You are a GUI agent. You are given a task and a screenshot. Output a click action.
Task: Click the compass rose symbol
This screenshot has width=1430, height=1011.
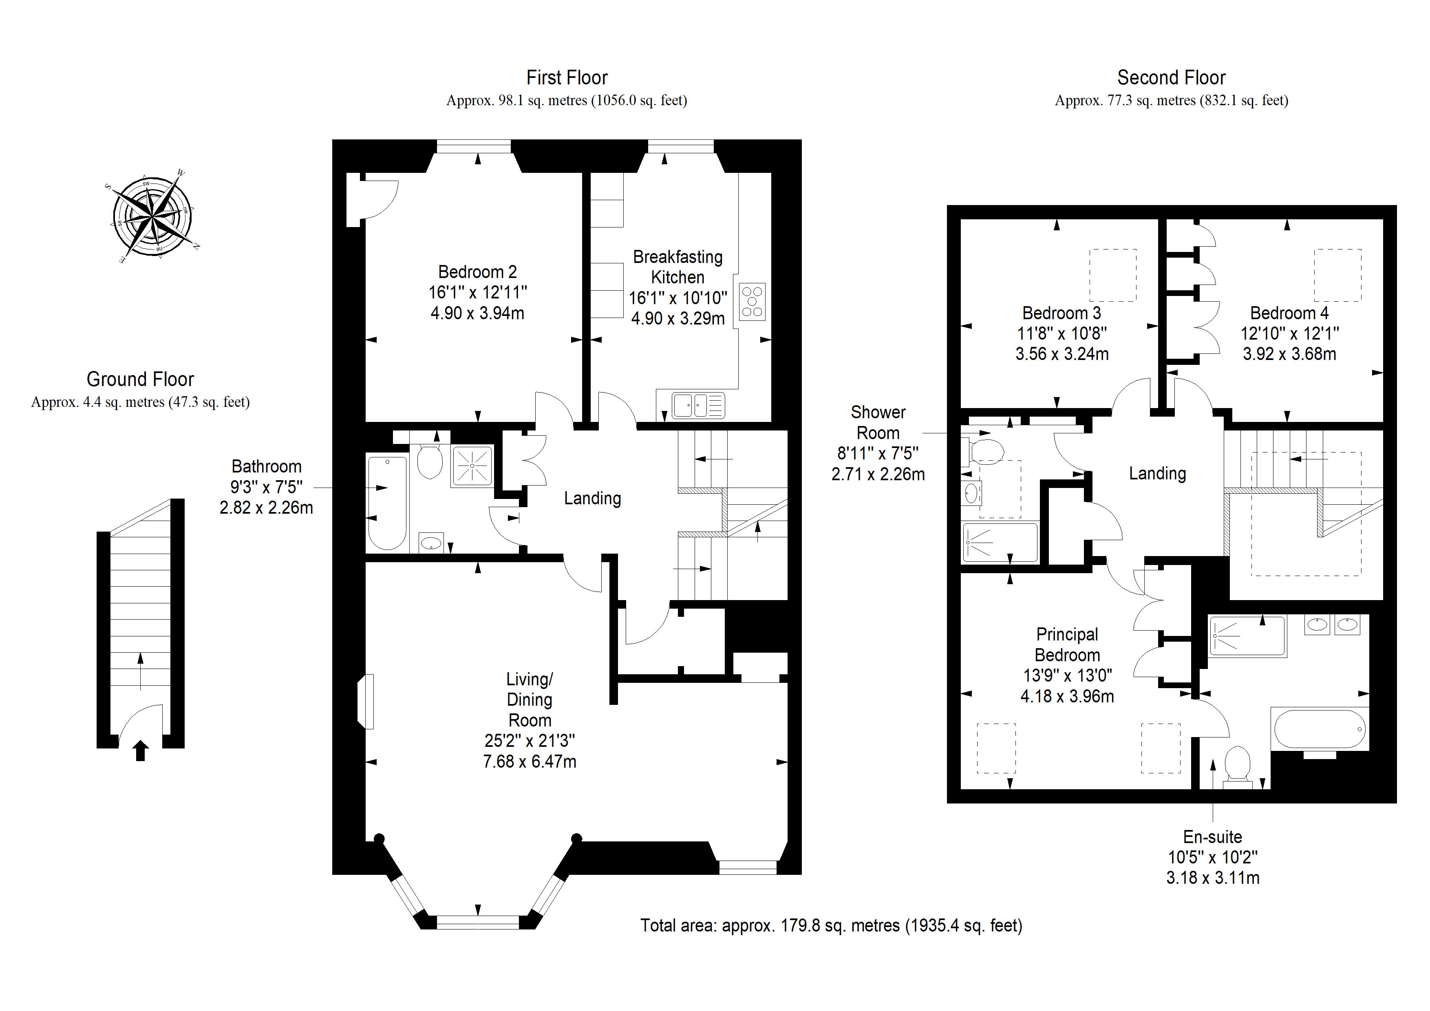pos(152,216)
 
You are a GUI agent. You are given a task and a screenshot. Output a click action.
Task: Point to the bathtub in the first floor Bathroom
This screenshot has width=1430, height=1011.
pos(387,503)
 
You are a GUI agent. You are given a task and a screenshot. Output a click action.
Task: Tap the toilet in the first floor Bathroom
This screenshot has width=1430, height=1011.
pos(429,460)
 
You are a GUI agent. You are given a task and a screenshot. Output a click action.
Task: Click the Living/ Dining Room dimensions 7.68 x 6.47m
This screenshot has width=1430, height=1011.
pos(530,761)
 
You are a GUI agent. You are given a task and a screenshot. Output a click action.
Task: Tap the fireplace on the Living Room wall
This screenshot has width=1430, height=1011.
pos(366,702)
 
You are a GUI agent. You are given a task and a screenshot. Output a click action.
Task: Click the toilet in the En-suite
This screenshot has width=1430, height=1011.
pos(1238,768)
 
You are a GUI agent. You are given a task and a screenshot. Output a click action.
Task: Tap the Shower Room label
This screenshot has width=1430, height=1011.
pos(878,422)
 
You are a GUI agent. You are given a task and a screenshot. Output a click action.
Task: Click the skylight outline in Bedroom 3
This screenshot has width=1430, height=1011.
pos(1112,275)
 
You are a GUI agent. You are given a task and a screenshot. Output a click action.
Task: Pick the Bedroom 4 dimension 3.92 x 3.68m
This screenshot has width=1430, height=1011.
pos(1289,354)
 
